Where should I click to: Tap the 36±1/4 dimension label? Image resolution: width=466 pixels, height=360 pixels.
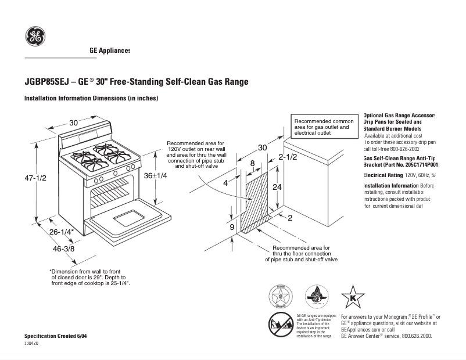click(x=156, y=176)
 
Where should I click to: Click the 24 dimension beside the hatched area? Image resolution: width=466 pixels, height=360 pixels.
click(x=278, y=187)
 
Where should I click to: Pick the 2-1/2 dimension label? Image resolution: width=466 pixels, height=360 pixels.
click(x=288, y=157)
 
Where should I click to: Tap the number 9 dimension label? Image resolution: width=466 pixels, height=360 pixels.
click(x=232, y=227)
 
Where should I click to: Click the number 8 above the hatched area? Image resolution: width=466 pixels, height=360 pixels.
click(x=252, y=164)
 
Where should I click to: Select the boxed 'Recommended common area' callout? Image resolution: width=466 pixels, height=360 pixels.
click(x=324, y=127)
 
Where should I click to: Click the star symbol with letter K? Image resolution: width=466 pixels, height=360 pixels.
click(x=352, y=297)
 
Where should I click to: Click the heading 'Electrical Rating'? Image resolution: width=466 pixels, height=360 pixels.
click(x=383, y=175)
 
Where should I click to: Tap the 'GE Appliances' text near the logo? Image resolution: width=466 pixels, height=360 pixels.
click(x=110, y=51)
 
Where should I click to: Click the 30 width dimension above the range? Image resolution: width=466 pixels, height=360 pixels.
click(x=74, y=123)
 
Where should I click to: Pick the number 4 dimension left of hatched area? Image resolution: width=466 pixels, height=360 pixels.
click(x=224, y=182)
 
